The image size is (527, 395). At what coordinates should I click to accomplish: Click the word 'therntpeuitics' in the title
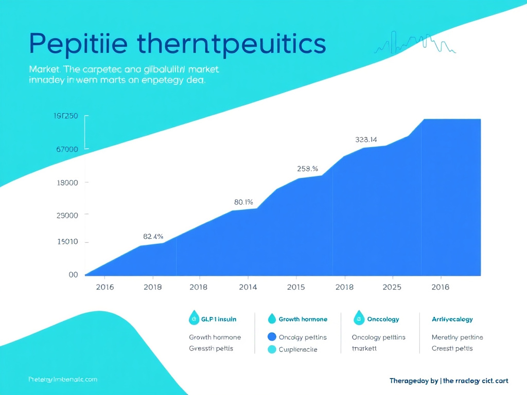point(232,44)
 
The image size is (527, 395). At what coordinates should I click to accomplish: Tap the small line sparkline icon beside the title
point(414,43)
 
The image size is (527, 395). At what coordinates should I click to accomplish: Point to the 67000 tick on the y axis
point(66,149)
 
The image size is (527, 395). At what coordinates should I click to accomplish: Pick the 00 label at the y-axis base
point(73,275)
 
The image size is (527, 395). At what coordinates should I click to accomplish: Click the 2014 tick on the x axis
point(248,287)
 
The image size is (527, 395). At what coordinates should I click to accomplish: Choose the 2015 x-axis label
point(295,287)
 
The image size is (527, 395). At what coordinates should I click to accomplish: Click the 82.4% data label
point(153,237)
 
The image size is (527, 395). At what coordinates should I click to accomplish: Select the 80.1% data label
point(243,202)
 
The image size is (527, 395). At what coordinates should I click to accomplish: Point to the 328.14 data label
point(366,139)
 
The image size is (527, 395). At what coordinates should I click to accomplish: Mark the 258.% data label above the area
point(307,168)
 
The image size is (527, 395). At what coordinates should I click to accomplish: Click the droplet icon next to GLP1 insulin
point(195,318)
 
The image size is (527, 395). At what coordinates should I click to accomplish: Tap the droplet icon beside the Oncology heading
point(359,318)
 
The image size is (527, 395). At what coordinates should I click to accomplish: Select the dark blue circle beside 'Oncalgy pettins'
point(272,337)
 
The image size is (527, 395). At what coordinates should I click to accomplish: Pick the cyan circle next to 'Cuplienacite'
point(272,349)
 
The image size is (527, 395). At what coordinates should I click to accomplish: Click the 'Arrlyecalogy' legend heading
point(452,319)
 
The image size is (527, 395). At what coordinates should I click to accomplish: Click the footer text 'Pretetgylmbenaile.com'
point(63,379)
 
